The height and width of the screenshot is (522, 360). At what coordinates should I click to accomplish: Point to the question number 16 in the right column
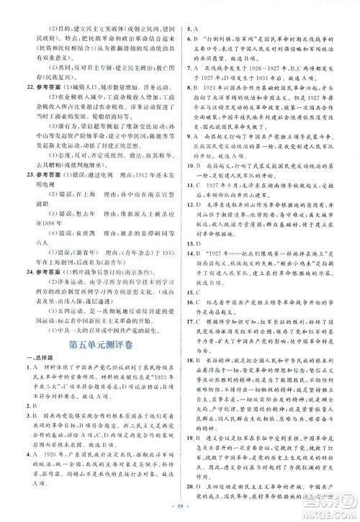194,302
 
